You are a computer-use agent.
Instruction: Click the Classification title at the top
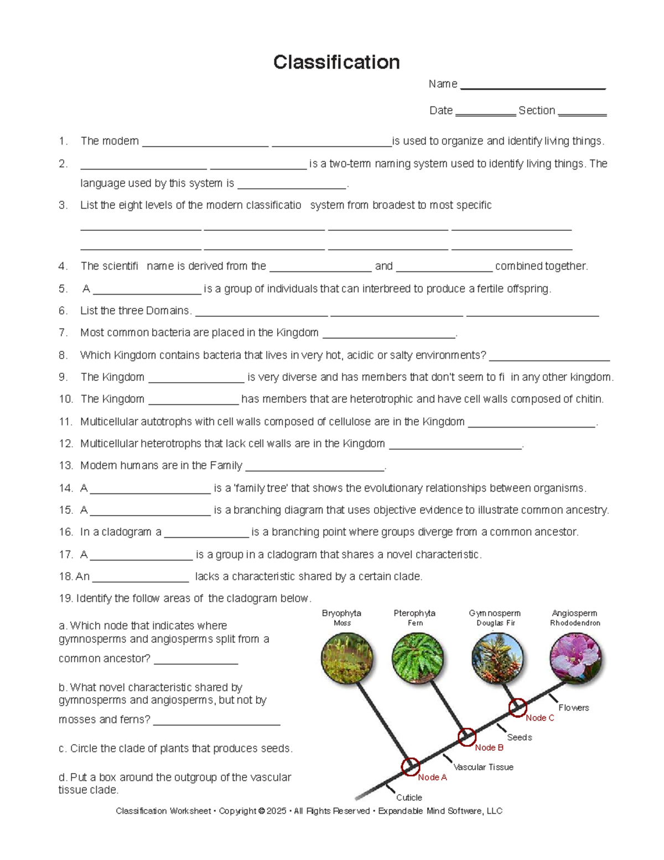[x=336, y=62]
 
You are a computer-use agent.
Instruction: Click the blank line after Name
[x=533, y=86]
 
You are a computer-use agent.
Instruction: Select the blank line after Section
[x=582, y=113]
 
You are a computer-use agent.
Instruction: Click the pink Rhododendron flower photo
[x=575, y=657]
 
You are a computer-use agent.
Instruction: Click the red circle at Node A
[x=411, y=766]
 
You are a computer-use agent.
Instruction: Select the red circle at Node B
[x=466, y=737]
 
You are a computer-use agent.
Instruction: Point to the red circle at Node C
[x=518, y=707]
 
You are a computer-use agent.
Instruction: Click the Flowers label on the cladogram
[x=573, y=708]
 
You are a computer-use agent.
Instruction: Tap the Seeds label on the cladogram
[x=519, y=738]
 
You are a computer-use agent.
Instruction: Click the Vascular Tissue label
[x=483, y=767]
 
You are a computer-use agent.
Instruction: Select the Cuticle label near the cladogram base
[x=409, y=797]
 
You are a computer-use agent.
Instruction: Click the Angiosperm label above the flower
[x=574, y=613]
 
